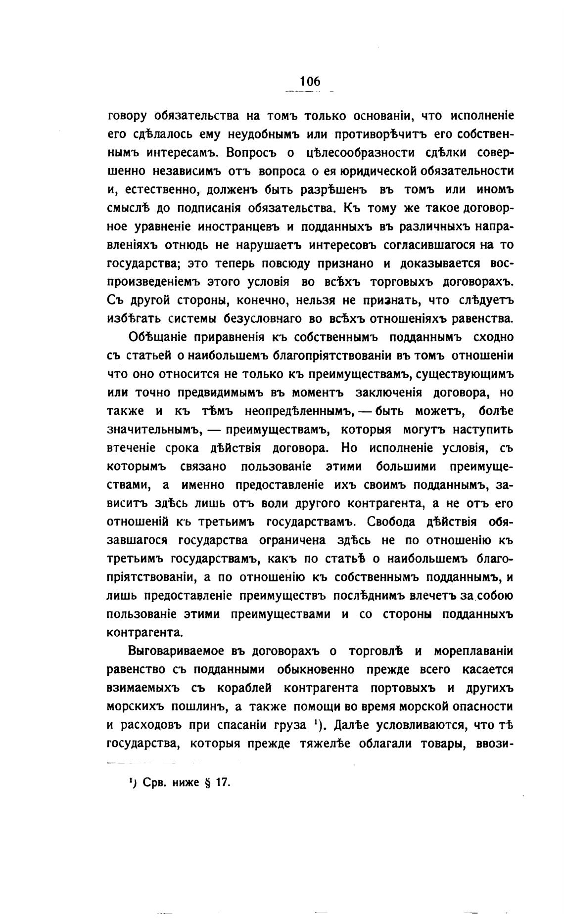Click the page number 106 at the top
(310, 81)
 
